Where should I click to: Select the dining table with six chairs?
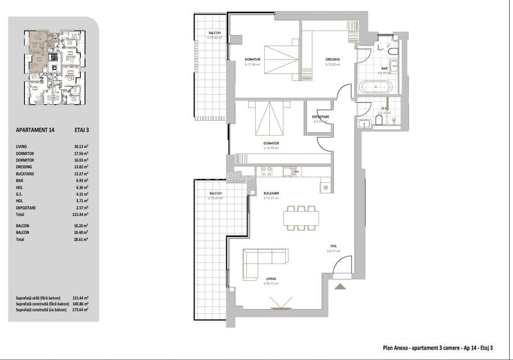pyautogui.click(x=301, y=218)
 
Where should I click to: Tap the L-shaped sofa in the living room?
pyautogui.click(x=264, y=260)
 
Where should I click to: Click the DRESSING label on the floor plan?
pyautogui.click(x=332, y=60)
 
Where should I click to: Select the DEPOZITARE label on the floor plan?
pyautogui.click(x=320, y=117)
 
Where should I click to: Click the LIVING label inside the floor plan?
pyautogui.click(x=271, y=279)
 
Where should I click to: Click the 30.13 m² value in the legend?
pyautogui.click(x=80, y=146)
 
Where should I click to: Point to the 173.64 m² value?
pyautogui.click(x=80, y=309)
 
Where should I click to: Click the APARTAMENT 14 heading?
pyautogui.click(x=35, y=130)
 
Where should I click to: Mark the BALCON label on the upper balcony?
pyautogui.click(x=214, y=33)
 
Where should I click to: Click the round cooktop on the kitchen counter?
pyautogui.click(x=326, y=187)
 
